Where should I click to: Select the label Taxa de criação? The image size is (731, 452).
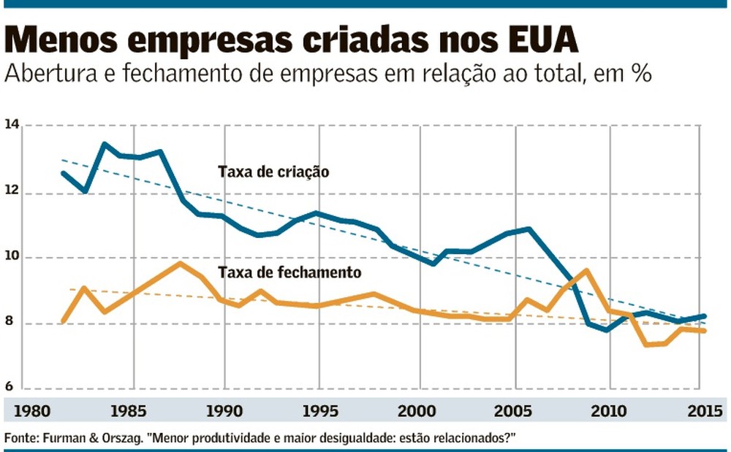pos(273,173)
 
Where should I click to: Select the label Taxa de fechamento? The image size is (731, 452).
pos(289,272)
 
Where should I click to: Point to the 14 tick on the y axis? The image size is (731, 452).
pos(12,126)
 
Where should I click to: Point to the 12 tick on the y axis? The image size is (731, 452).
pos(12,193)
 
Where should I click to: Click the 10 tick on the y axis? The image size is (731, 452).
pos(12,258)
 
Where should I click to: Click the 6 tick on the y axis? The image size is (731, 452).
pos(12,388)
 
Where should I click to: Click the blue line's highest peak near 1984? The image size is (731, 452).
pos(104,144)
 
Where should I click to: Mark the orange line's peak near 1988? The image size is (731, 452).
pos(181,263)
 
